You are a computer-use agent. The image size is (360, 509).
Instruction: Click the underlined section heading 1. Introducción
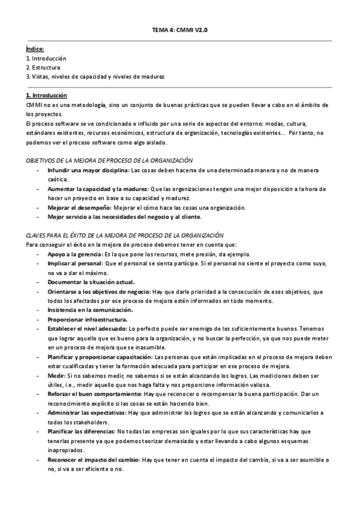coord(46,95)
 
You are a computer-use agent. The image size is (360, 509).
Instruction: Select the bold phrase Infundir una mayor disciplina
coord(86,170)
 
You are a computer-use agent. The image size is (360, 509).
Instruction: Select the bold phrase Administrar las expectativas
coord(88,413)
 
